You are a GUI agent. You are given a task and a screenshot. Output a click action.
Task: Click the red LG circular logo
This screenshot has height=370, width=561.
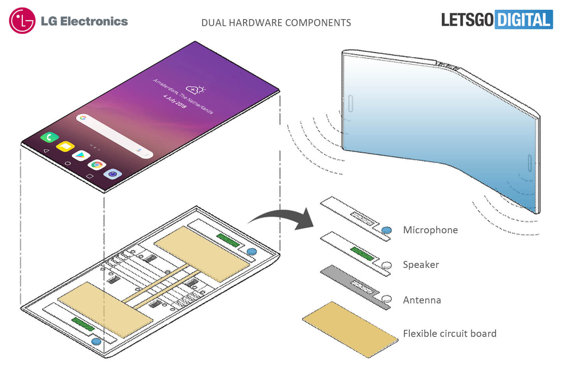point(22,21)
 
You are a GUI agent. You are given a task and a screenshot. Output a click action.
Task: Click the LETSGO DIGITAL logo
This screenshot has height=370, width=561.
point(497,19)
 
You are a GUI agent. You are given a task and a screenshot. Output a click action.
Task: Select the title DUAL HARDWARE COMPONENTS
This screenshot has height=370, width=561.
point(276,23)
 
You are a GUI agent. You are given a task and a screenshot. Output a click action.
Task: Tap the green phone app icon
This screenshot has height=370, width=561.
point(49,137)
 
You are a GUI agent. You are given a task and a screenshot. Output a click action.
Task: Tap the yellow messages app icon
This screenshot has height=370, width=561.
point(65,146)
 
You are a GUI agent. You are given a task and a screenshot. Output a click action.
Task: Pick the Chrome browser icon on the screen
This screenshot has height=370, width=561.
point(97,165)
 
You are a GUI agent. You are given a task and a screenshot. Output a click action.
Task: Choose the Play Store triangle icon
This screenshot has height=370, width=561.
point(81,155)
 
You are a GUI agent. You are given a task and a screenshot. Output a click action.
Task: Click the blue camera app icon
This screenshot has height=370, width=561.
point(113,174)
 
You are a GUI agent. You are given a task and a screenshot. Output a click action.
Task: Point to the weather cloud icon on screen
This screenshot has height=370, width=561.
point(195,90)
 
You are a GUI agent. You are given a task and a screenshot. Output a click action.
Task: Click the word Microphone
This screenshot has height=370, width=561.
point(430,230)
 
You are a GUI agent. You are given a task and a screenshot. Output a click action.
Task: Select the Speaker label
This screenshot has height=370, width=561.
point(421,265)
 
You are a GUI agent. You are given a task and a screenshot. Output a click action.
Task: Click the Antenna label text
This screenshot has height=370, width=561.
point(422,300)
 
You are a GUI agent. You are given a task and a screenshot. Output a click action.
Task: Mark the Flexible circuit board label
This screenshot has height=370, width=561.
point(450,334)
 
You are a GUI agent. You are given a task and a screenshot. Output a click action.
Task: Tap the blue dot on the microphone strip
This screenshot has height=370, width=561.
point(386,230)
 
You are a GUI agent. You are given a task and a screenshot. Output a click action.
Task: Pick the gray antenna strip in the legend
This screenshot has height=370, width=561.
point(351,284)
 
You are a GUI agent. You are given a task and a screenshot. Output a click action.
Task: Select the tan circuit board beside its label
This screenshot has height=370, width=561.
point(349,329)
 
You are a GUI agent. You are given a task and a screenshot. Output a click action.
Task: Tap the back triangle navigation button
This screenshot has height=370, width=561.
point(47,151)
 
